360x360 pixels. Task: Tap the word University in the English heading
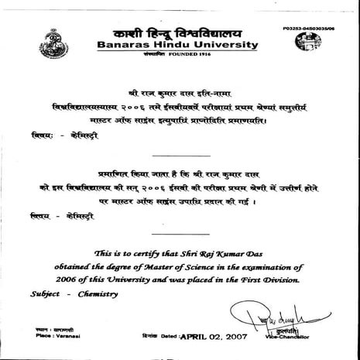[222, 46]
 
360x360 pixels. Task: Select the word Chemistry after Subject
[103, 295]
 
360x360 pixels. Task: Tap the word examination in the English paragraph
[309, 266]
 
